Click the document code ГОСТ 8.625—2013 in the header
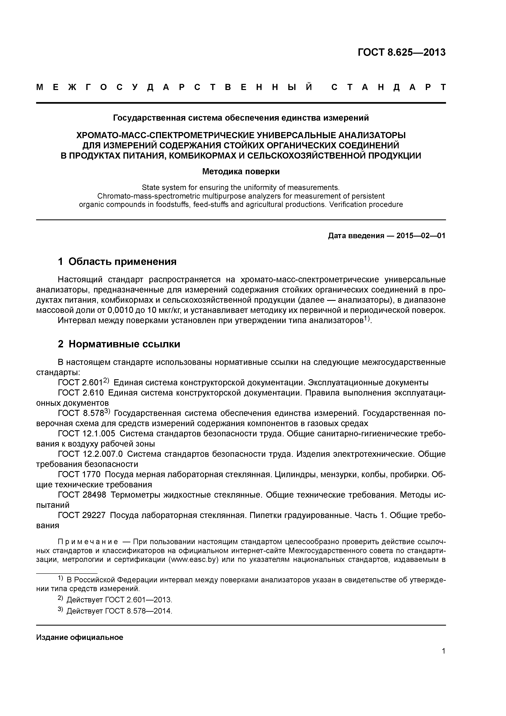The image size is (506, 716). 401,52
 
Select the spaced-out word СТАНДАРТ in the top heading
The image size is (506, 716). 388,87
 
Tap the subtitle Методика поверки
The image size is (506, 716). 241,171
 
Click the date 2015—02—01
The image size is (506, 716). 421,236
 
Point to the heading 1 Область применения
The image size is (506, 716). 117,261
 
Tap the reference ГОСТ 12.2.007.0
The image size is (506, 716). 90,454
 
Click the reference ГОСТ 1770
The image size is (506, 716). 79,475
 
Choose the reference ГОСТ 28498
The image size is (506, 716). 82,495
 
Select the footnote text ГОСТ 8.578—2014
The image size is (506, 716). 138,611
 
